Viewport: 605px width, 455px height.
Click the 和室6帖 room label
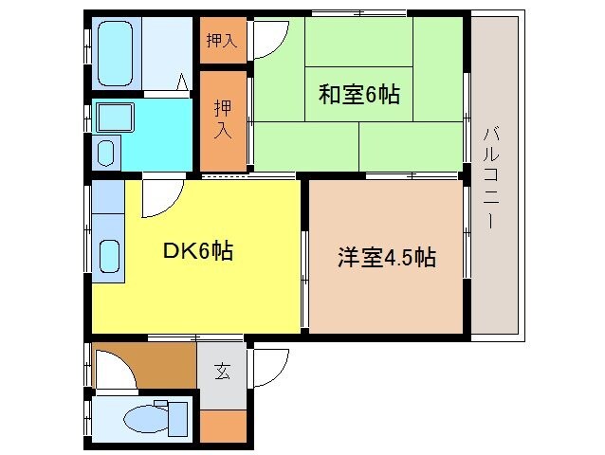pyautogui.click(x=358, y=95)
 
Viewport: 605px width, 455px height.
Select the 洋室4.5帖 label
pyautogui.click(x=387, y=257)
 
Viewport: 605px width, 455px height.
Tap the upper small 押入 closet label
pyautogui.click(x=222, y=41)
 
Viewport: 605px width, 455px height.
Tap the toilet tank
pyautogui.click(x=177, y=417)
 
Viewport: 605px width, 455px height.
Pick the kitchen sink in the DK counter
pyautogui.click(x=110, y=256)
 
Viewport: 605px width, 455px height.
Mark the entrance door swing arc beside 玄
pyautogui.click(x=271, y=365)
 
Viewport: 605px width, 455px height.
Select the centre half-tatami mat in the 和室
pyautogui.click(x=358, y=95)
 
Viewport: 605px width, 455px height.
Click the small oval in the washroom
pyautogui.click(x=106, y=152)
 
